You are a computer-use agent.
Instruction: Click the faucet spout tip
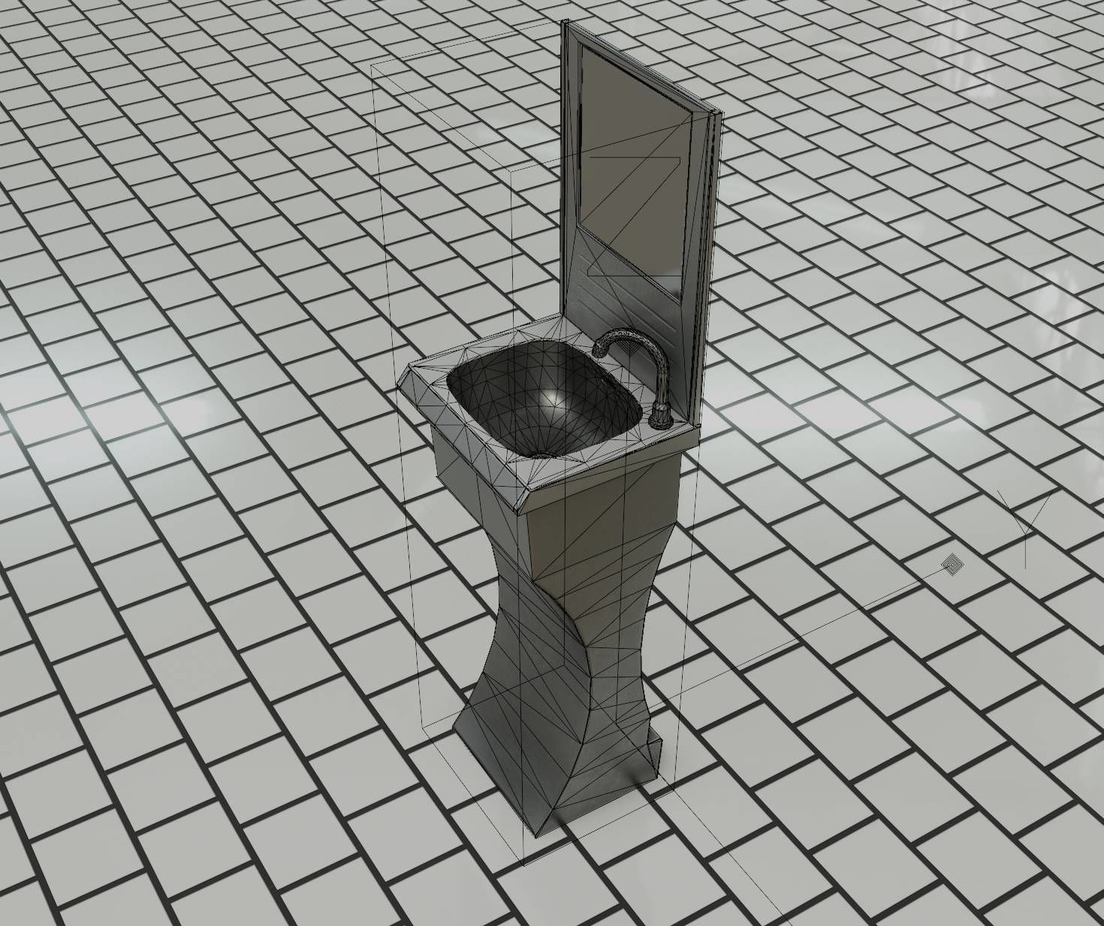[x=599, y=351]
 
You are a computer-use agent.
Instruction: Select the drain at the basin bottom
[x=538, y=454]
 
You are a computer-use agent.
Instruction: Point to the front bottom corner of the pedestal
[x=540, y=832]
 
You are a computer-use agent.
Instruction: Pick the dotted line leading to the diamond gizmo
[x=826, y=616]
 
